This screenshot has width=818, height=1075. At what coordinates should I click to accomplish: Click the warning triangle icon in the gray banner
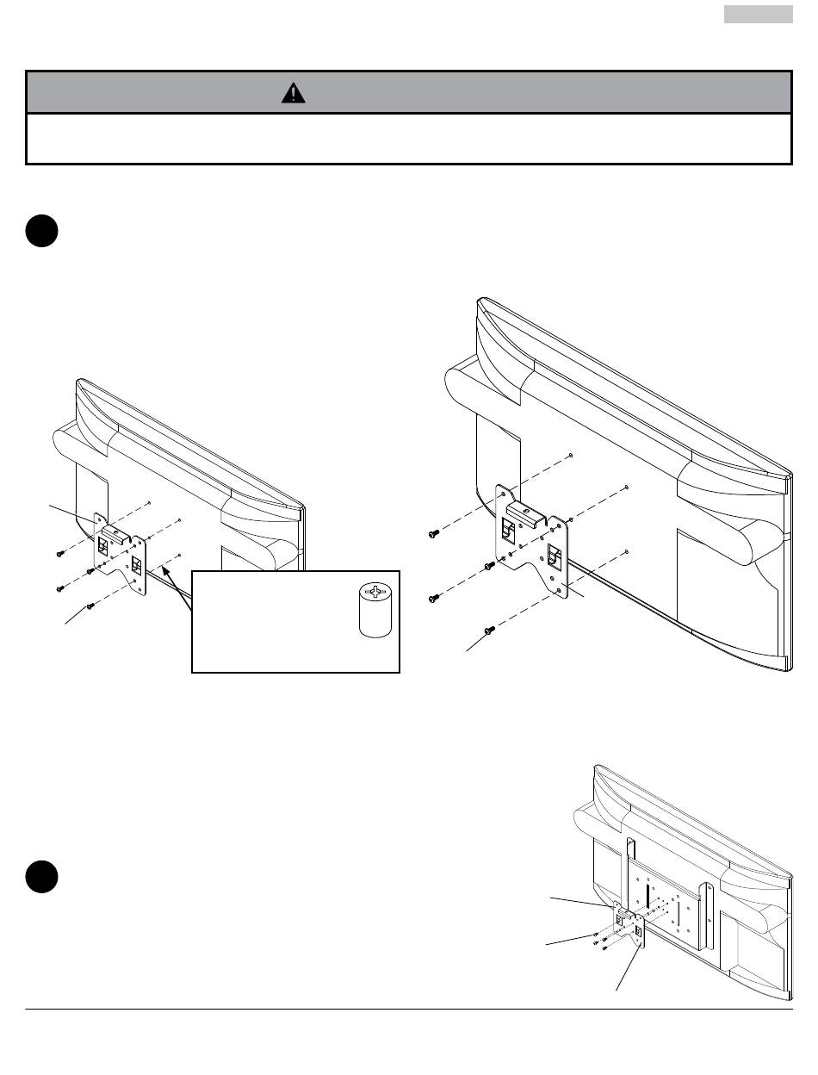click(293, 93)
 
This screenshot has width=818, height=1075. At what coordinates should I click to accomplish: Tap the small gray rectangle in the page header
click(758, 15)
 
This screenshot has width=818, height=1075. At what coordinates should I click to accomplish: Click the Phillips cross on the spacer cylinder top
click(374, 593)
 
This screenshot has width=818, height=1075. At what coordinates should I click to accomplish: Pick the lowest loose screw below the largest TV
click(491, 631)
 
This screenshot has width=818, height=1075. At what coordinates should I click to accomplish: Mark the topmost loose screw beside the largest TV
click(433, 534)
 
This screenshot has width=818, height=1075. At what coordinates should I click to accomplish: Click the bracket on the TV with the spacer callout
click(121, 556)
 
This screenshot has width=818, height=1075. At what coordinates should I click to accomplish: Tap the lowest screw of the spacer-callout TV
click(90, 606)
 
